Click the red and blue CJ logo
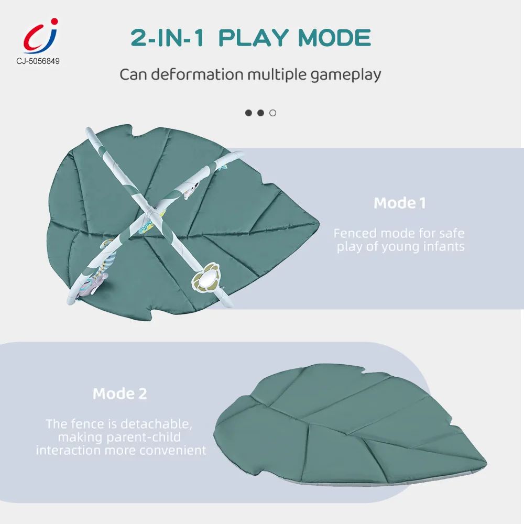40,36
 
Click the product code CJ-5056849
38,61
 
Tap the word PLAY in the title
254,37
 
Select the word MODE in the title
334,37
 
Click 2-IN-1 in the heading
167,37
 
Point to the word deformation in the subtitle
197,74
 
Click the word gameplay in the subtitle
345,75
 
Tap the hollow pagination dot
272,113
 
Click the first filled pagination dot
248,113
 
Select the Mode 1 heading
400,203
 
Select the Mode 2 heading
119,394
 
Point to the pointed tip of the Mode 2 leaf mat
486,464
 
